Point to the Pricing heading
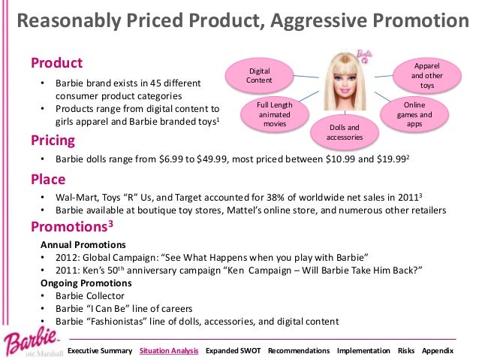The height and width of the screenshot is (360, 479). [53, 141]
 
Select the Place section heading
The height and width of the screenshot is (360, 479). [48, 180]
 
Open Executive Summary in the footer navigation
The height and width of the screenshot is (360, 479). [100, 351]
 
